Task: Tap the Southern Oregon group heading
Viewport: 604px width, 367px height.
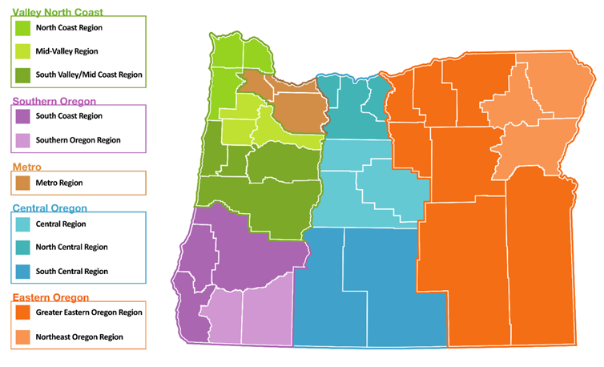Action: coord(55,102)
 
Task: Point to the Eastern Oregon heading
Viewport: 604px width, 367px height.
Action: coord(50,297)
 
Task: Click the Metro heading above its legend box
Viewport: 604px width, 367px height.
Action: coord(25,167)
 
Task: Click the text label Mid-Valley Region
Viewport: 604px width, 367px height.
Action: coord(67,51)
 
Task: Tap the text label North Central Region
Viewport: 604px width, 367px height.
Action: coord(72,248)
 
